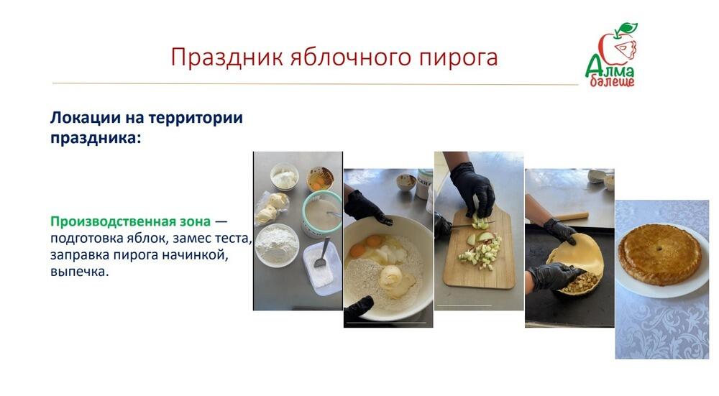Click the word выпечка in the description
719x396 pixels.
[x=78, y=272]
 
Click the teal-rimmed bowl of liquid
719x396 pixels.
[x=321, y=213]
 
